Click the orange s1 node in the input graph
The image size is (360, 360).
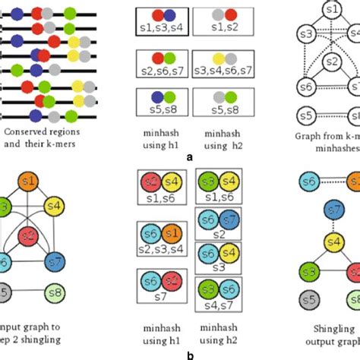29,182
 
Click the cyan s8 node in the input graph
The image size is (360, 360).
52,292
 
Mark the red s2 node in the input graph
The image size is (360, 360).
29,235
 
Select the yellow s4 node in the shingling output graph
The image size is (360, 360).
332,242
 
